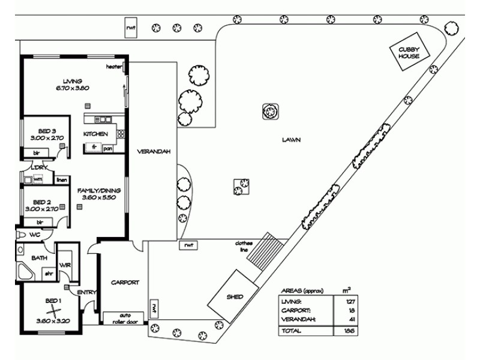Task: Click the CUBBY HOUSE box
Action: click(x=409, y=53)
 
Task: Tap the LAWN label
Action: click(x=292, y=140)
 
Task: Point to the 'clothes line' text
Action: click(x=244, y=246)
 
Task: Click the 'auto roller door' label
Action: click(x=124, y=317)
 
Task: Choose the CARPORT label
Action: click(x=125, y=282)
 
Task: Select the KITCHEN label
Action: click(x=95, y=134)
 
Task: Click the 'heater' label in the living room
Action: click(x=114, y=66)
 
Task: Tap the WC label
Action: click(x=34, y=235)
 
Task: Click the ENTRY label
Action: click(x=87, y=292)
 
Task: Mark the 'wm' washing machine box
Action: click(x=38, y=179)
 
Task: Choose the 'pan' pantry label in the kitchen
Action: click(x=108, y=148)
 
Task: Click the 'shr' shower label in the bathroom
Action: click(x=49, y=274)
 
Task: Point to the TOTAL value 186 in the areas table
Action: click(x=347, y=331)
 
